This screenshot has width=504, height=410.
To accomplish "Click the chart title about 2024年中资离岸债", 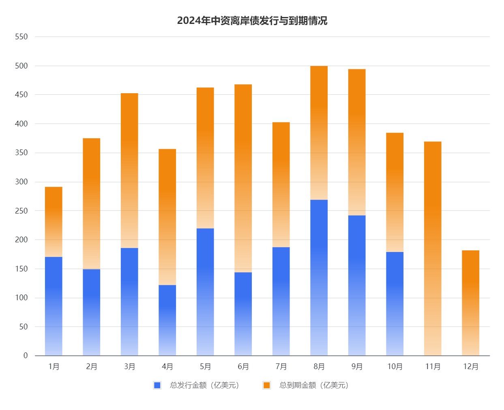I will click(252, 21).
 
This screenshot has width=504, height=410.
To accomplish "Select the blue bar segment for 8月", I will click(319, 278).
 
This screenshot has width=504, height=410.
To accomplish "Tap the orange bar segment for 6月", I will click(243, 178).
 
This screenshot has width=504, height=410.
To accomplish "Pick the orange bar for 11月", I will click(433, 248).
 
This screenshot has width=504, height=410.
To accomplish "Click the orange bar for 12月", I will click(470, 303).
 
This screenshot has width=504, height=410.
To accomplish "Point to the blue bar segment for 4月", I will click(167, 320).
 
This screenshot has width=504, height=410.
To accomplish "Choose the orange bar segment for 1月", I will click(54, 222).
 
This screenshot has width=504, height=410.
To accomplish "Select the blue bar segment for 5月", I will click(205, 292).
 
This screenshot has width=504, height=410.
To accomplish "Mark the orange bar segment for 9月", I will click(357, 142).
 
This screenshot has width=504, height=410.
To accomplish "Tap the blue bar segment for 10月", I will click(395, 303).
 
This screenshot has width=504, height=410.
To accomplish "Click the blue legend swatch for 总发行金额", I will click(157, 385).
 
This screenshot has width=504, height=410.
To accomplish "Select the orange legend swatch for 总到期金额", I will click(266, 385).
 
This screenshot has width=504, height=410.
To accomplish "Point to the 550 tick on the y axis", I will click(21, 37).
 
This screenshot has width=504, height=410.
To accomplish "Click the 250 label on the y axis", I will click(21, 211).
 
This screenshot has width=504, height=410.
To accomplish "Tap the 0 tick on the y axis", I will click(26, 356).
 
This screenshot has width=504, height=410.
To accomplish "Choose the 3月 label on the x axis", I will click(129, 367).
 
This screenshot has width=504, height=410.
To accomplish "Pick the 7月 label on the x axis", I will click(281, 367).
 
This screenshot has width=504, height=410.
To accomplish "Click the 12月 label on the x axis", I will click(470, 367).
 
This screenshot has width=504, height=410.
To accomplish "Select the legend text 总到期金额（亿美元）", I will click(314, 385).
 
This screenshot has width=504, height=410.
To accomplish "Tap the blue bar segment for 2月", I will click(91, 312).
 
